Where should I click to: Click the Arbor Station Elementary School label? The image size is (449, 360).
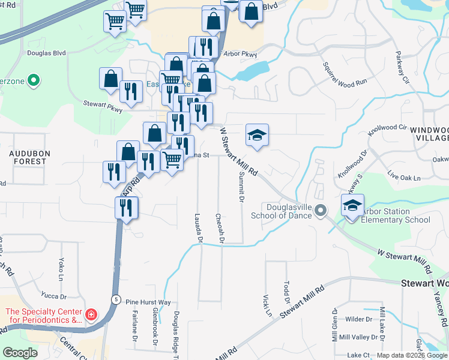click(395, 215)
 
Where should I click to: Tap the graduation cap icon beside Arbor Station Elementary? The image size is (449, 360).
click(352, 205)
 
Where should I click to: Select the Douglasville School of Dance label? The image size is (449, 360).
click(280, 212)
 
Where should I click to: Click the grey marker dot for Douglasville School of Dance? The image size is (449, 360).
click(321, 210)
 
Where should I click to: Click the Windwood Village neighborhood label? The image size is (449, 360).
click(431, 134)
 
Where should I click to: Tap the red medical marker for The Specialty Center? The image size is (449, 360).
click(91, 314)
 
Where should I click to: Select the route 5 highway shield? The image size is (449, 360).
click(116, 299)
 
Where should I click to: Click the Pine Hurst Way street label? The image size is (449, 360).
click(148, 302)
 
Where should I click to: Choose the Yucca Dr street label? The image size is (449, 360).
click(53, 295)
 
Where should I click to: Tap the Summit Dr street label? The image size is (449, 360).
click(242, 186)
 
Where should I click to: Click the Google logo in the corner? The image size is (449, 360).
click(20, 353)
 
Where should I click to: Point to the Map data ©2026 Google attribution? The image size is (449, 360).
click(411, 355)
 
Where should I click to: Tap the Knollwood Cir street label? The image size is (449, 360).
click(387, 128)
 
